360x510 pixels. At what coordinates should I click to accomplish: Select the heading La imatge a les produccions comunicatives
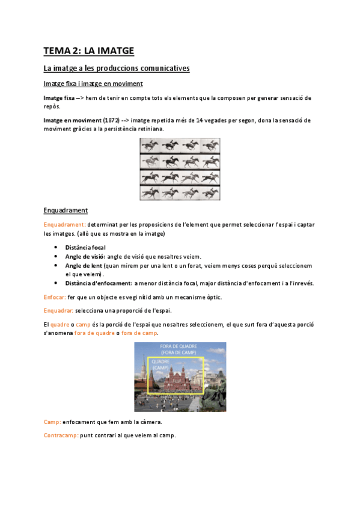click(x=117, y=69)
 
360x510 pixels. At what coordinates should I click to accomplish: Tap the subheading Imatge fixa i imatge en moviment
click(x=93, y=84)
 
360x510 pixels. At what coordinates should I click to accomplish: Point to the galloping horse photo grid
click(x=180, y=169)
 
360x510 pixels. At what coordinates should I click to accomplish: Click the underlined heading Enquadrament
click(x=66, y=210)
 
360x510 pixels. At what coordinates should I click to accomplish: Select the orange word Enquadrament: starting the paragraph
click(x=65, y=224)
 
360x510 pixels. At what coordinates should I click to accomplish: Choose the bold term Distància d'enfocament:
click(x=99, y=283)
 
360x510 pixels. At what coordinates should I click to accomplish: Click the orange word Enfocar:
click(x=55, y=298)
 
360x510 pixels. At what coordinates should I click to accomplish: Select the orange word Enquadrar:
click(x=58, y=310)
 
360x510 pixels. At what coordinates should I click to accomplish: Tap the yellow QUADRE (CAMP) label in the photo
click(x=160, y=364)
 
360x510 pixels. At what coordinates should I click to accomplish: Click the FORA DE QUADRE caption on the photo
click(x=179, y=347)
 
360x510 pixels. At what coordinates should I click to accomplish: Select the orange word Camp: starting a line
click(x=52, y=423)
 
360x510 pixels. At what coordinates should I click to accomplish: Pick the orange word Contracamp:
click(x=61, y=435)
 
